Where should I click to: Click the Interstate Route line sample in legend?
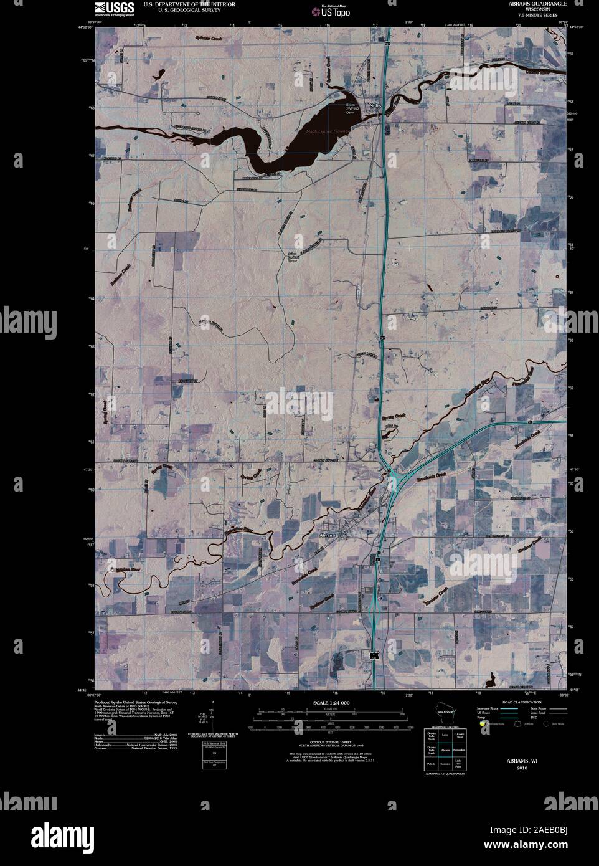pos(510,709)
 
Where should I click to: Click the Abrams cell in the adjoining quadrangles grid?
pos(445,751)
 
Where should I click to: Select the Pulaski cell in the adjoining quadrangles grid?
pos(431,764)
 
